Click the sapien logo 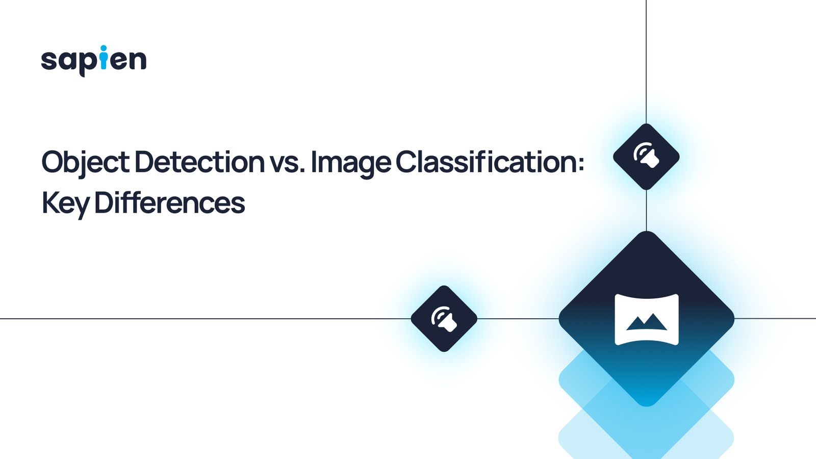click(94, 61)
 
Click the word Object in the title click(85, 162)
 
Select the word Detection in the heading click(199, 162)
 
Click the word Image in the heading click(351, 162)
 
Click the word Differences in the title click(170, 202)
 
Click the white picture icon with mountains click(647, 320)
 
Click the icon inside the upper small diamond click(646, 156)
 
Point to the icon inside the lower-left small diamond click(444, 319)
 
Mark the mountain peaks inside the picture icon click(646, 322)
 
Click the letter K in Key click(49, 202)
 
